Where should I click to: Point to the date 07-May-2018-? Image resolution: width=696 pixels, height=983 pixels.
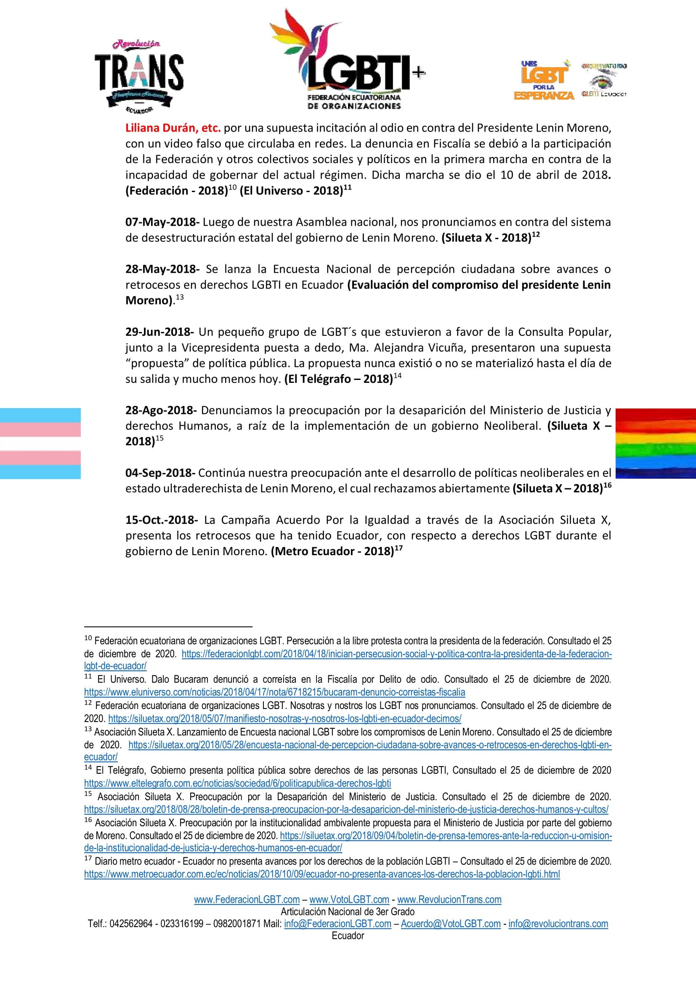(162, 222)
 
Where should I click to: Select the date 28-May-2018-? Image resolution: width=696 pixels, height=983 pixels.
(162, 269)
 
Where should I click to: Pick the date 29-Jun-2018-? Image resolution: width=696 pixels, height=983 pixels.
(159, 332)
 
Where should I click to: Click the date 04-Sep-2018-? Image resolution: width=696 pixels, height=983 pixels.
(160, 473)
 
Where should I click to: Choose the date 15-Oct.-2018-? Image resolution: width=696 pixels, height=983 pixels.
(162, 520)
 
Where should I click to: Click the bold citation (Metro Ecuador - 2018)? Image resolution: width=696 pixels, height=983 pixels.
(332, 551)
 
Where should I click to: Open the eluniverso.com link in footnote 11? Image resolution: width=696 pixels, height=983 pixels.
(274, 692)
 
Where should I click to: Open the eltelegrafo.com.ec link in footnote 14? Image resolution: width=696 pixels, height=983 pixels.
(237, 783)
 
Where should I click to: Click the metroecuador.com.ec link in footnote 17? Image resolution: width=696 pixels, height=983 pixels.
(322, 874)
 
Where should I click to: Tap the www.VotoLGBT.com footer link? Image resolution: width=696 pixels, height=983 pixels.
(349, 899)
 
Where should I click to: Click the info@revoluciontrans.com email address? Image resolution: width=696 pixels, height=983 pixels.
(558, 923)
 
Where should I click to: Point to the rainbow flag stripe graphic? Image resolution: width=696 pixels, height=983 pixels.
(655, 443)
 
